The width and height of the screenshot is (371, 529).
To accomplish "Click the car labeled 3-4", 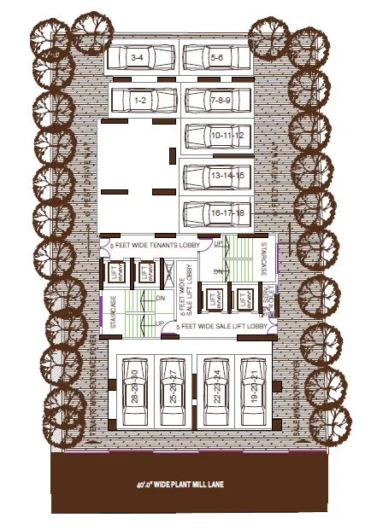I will pyautogui.click(x=138, y=59).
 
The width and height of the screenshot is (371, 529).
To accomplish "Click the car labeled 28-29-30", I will pyautogui.click(x=133, y=391).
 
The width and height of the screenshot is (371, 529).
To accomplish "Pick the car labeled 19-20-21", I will pyautogui.click(x=252, y=391).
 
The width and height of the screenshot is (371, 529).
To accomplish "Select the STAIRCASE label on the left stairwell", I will pyautogui.click(x=112, y=308).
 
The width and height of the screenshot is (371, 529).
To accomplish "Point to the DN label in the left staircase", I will pyautogui.click(x=160, y=298).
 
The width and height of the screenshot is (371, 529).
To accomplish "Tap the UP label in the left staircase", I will pyautogui.click(x=160, y=323).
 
